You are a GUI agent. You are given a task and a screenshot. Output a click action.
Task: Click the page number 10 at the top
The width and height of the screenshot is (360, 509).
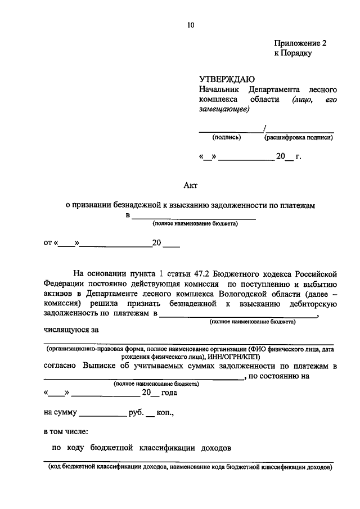(191, 24)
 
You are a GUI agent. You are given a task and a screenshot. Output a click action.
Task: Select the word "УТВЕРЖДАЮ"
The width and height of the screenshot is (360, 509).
(227, 79)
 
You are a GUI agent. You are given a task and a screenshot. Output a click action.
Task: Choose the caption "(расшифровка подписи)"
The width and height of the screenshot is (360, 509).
(299, 137)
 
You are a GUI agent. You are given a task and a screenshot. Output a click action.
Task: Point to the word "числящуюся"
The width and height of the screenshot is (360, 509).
(65, 329)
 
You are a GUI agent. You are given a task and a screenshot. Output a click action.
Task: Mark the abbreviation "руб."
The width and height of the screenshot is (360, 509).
(136, 412)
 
